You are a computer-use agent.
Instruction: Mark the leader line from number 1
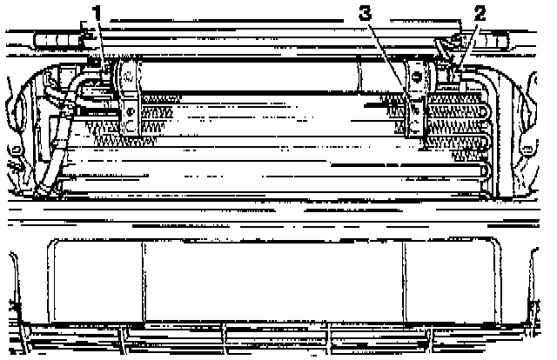pyautogui.click(x=104, y=43)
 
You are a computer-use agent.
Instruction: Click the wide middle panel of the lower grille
pyautogui.click(x=274, y=283)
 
